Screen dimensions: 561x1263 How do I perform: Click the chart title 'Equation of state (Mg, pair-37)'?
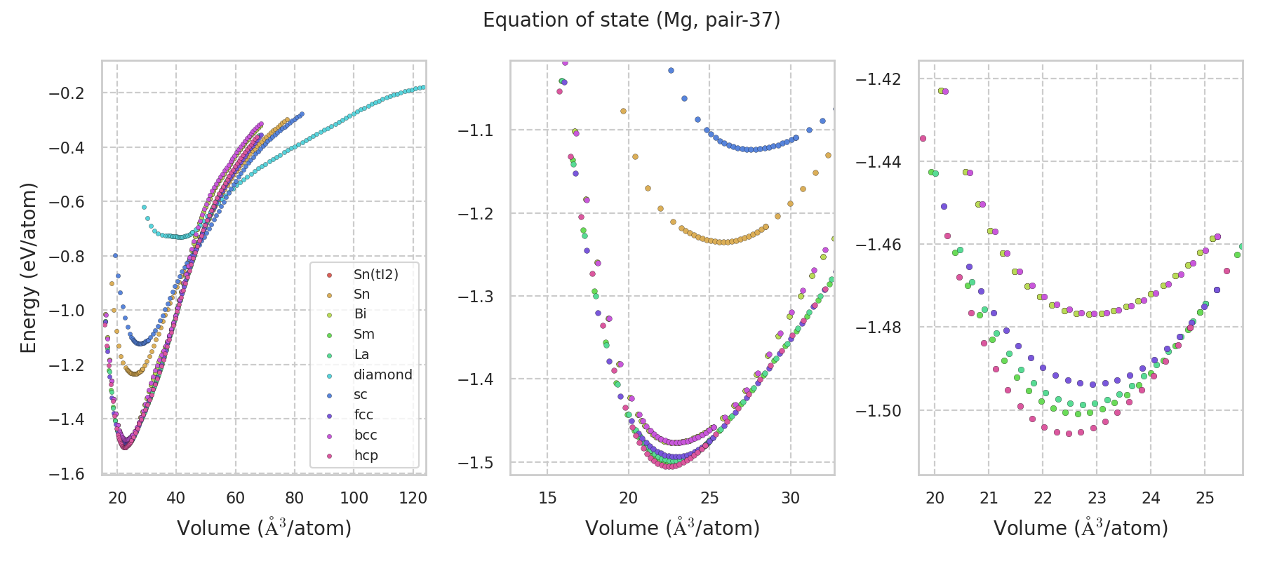tap(631, 20)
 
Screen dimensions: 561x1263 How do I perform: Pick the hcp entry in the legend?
tap(366, 455)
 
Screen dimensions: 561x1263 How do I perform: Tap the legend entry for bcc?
tap(366, 435)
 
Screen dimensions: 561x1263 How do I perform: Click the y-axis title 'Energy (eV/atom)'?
tap(28, 268)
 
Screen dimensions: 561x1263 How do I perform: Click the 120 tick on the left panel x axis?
tap(413, 498)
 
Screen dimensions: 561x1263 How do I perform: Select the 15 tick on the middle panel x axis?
tap(547, 498)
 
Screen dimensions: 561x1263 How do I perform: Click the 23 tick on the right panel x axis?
tap(1097, 498)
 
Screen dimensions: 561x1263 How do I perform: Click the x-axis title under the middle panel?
tap(672, 528)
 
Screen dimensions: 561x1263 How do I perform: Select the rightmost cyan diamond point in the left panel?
tap(422, 87)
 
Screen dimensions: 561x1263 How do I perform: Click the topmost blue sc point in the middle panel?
tap(671, 70)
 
